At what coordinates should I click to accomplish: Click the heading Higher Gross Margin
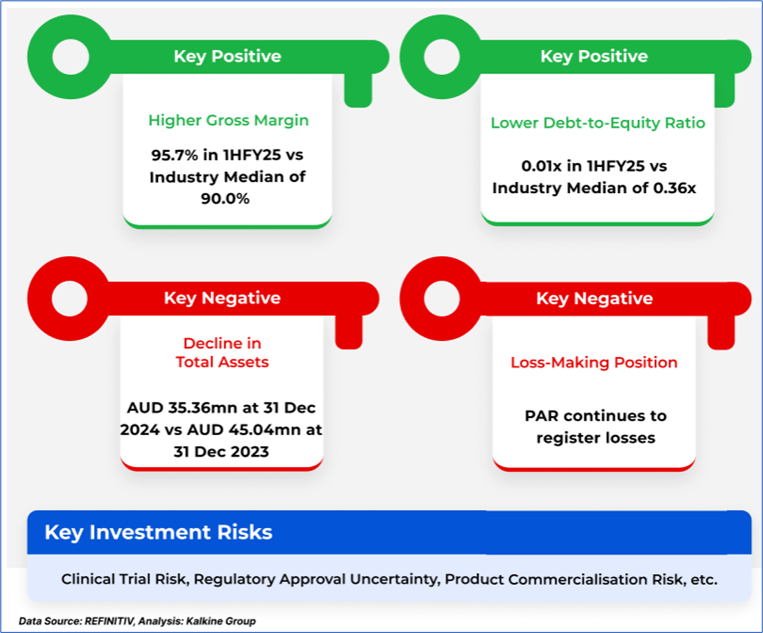tap(228, 120)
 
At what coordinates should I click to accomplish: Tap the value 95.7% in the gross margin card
tap(174, 155)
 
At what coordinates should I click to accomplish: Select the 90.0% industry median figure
tap(225, 198)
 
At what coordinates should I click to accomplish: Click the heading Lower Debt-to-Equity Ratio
tap(597, 123)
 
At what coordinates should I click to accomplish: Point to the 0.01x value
tap(541, 166)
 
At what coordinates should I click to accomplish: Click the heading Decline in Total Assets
tap(222, 353)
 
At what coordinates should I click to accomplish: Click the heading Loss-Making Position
tap(594, 363)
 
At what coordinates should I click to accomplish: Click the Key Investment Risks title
tap(158, 532)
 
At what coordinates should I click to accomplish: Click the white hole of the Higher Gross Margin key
tap(70, 57)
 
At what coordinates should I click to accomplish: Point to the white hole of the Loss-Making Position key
tap(442, 298)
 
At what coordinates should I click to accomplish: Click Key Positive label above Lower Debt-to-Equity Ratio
tap(594, 56)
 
